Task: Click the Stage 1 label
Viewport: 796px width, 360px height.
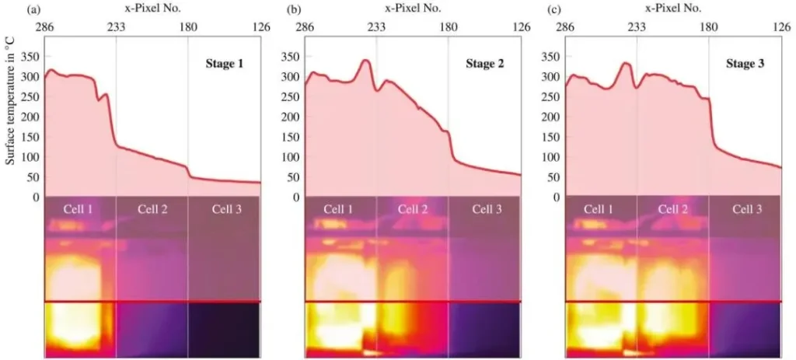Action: (224, 64)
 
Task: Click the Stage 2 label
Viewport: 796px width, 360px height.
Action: (484, 64)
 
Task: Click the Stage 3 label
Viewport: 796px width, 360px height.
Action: (745, 64)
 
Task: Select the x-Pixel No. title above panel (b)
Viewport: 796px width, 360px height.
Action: (413, 9)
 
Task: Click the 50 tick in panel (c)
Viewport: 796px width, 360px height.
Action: (553, 177)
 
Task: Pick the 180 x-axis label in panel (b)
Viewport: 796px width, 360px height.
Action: (449, 27)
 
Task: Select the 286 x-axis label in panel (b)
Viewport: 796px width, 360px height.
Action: (305, 27)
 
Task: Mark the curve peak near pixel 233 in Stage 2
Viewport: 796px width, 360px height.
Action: (365, 60)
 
